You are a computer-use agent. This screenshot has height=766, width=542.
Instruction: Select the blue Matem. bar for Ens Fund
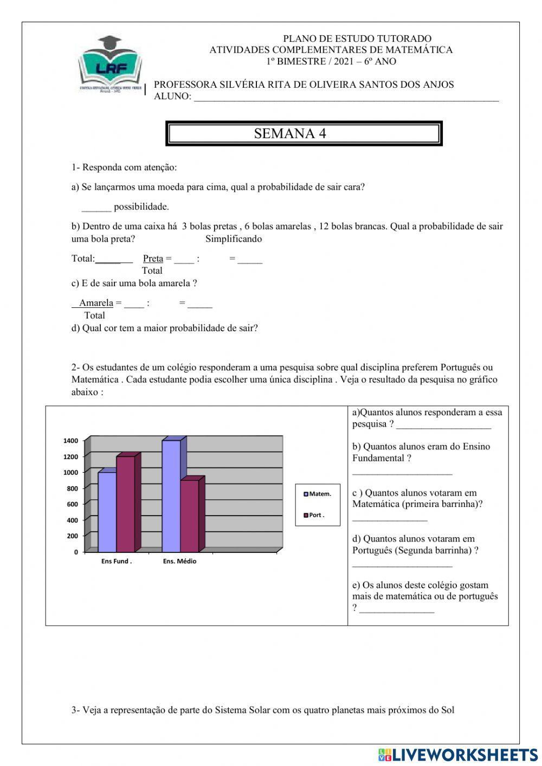point(107,511)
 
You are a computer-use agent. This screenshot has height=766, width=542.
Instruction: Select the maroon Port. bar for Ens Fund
point(126,503)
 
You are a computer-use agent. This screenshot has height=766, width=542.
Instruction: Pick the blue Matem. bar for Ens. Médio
point(171,495)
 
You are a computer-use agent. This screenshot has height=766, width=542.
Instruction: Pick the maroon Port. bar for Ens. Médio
point(189,515)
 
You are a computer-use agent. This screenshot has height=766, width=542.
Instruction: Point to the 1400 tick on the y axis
point(71,441)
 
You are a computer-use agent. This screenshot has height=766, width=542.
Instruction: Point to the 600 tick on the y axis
point(73,504)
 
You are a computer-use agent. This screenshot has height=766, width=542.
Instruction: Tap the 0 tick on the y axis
point(76,552)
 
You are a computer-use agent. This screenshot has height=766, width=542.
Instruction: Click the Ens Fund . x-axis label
point(117,562)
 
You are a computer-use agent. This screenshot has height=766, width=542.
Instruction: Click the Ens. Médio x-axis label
point(179,562)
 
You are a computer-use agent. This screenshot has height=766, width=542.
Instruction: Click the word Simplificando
point(234,239)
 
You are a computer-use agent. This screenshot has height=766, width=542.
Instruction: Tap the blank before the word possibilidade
point(96,207)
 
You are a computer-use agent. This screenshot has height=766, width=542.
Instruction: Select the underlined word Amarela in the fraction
point(96,303)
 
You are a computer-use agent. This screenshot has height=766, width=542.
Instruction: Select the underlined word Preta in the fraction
point(153,259)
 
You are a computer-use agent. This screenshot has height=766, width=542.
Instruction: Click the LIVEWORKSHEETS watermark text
point(464,755)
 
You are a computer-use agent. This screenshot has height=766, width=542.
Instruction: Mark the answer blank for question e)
point(397,609)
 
